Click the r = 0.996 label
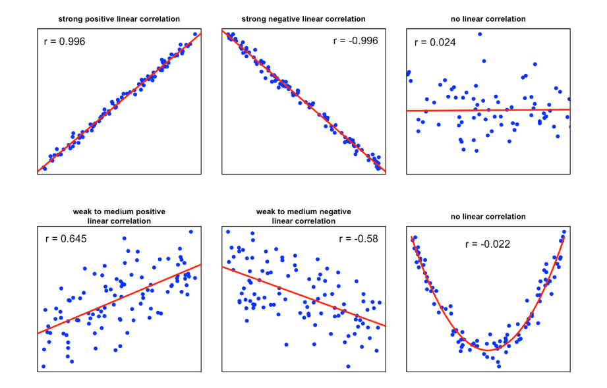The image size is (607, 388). (x=64, y=42)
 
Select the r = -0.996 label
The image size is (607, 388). (x=355, y=41)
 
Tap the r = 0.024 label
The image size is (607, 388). (x=434, y=43)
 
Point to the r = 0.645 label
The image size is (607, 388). (x=65, y=238)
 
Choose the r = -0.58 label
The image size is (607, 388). (x=358, y=238)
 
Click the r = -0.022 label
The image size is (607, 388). (x=487, y=244)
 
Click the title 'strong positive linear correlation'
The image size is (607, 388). (x=119, y=19)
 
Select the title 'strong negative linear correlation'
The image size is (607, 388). (x=303, y=19)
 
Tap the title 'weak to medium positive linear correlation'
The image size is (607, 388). (x=119, y=216)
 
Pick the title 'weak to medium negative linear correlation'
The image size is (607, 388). (x=303, y=216)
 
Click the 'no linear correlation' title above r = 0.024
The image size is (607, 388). (x=488, y=19)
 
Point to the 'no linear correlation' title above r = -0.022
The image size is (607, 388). (x=488, y=217)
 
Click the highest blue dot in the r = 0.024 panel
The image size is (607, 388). (x=480, y=34)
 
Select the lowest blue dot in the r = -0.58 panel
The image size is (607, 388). (x=347, y=366)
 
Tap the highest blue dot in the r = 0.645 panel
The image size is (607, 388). (x=190, y=232)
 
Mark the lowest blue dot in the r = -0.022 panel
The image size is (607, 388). (x=498, y=366)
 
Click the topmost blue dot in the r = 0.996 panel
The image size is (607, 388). (x=195, y=34)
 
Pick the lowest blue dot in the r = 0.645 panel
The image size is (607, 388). (x=43, y=366)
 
